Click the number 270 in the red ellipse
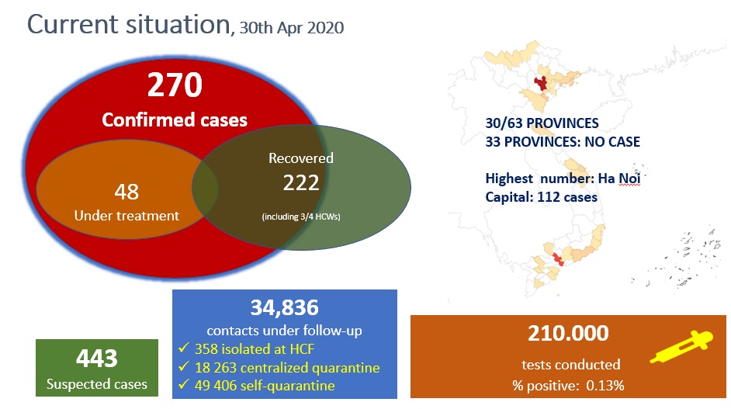[175, 85]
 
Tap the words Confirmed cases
[175, 120]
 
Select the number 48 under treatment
[126, 192]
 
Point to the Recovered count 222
[301, 182]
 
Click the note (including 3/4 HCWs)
[301, 217]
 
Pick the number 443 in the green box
[97, 359]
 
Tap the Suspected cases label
[96, 384]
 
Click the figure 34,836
[284, 307]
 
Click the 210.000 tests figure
[568, 333]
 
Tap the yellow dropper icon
[681, 346]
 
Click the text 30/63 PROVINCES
[542, 123]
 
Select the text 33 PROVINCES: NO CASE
[563, 142]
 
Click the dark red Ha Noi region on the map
[541, 84]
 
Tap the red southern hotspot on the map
[558, 259]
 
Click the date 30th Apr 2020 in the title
[292, 28]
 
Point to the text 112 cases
[567, 197]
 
